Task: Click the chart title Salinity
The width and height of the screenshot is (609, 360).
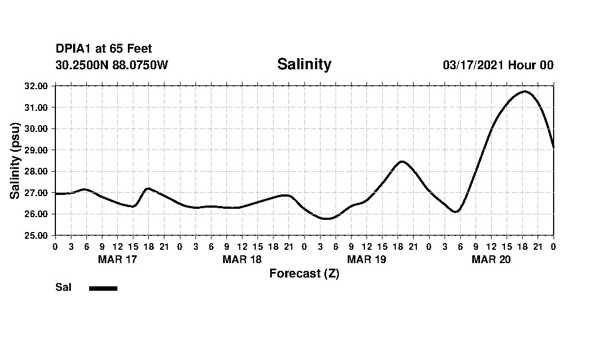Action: coord(304,64)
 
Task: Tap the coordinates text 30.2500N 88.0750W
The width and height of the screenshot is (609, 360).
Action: coord(112,65)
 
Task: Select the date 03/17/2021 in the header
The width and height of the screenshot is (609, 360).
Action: coord(473,65)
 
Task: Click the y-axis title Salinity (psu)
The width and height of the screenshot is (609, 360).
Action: coord(16,161)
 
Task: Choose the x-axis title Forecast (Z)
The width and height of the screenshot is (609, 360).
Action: coord(304,274)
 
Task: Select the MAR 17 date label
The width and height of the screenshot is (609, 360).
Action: coord(117,259)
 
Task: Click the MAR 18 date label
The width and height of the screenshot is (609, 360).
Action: coord(242,259)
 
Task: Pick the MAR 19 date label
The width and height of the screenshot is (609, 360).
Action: coord(367,259)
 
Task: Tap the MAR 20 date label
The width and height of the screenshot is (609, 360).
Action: coord(491,259)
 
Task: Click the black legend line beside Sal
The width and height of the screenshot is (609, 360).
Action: coord(103,288)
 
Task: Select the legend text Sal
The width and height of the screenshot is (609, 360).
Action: coord(63,287)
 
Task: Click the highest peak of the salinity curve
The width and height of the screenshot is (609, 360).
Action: coord(524,91)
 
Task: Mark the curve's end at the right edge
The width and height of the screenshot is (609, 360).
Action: coord(553,147)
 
